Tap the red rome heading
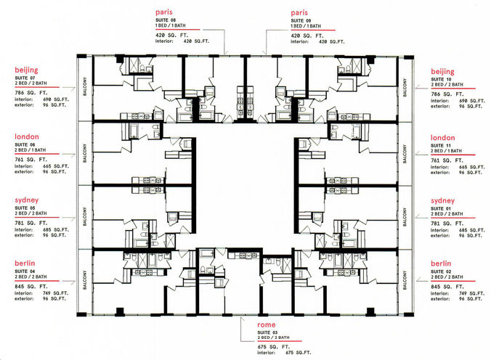[x=266, y=326]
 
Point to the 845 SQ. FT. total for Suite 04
[x=31, y=286]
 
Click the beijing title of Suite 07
[x=27, y=71]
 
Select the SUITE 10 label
[x=443, y=80]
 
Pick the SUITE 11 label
[x=443, y=145]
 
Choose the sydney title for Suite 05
[x=27, y=200]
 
